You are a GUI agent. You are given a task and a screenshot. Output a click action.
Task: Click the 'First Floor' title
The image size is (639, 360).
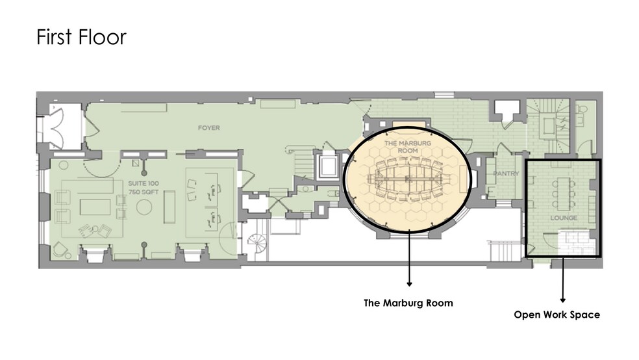click(x=82, y=36)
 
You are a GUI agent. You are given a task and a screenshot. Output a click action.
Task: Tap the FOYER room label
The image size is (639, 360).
click(x=208, y=128)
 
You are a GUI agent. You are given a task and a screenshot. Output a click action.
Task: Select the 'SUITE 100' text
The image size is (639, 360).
click(x=144, y=183)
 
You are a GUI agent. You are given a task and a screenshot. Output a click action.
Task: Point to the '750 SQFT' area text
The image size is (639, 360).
click(x=144, y=192)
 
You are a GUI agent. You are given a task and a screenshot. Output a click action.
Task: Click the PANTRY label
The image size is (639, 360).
click(x=506, y=174)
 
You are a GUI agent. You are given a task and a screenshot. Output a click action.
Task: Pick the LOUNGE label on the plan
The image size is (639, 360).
click(x=564, y=218)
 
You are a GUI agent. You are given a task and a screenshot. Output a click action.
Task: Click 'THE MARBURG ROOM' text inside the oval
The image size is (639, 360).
click(x=408, y=147)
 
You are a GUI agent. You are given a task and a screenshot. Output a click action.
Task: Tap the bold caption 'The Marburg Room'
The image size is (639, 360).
click(x=408, y=303)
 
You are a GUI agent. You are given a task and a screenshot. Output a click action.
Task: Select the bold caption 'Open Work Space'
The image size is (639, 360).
click(x=557, y=315)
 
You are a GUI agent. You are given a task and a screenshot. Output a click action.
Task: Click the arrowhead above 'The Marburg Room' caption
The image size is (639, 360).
click(x=409, y=284)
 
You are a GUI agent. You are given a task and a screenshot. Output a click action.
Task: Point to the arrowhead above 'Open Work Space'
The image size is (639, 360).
click(x=563, y=300)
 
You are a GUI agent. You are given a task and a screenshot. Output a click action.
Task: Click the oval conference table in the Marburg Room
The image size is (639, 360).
click(x=408, y=179)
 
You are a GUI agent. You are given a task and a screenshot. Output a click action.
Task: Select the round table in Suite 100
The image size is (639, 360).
click(x=144, y=207)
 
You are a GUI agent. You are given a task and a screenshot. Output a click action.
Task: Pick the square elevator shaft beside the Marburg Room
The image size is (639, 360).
click(x=328, y=166)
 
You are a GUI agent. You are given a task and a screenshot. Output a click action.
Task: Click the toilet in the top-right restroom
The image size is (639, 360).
click(x=582, y=110)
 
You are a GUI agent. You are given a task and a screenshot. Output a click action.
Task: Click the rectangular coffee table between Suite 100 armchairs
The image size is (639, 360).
click(x=95, y=207)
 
